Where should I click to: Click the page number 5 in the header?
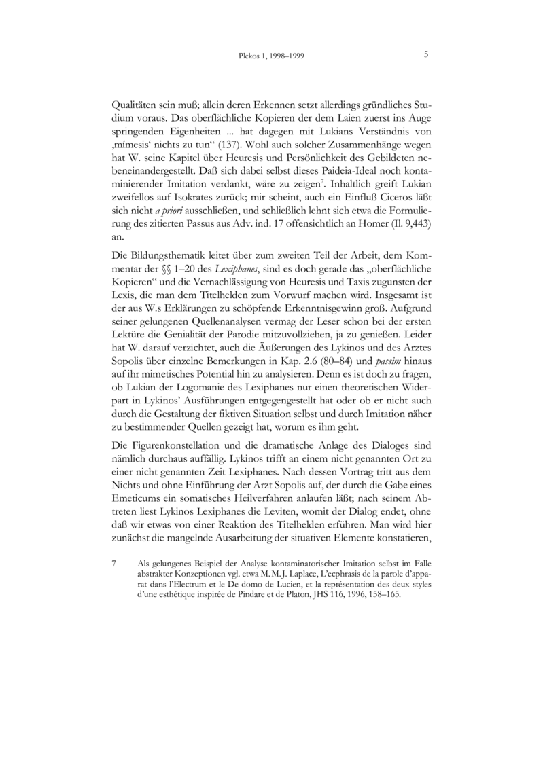(425, 55)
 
